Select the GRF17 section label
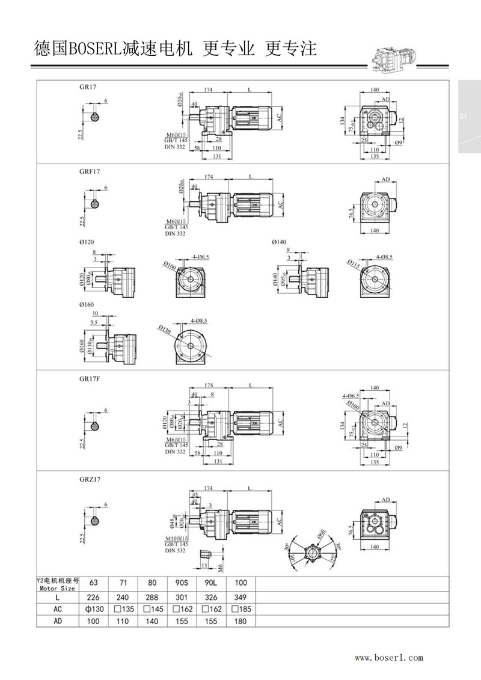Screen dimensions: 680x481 [89, 171]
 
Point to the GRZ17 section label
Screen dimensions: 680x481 [89, 480]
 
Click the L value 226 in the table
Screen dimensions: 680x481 [94, 598]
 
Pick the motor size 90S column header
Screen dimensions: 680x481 [182, 583]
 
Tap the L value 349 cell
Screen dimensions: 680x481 [240, 598]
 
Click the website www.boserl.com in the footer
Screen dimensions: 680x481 [389, 658]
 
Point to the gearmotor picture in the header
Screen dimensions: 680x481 [394, 58]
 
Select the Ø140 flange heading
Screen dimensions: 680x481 [280, 242]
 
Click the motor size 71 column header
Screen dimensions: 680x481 [123, 583]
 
